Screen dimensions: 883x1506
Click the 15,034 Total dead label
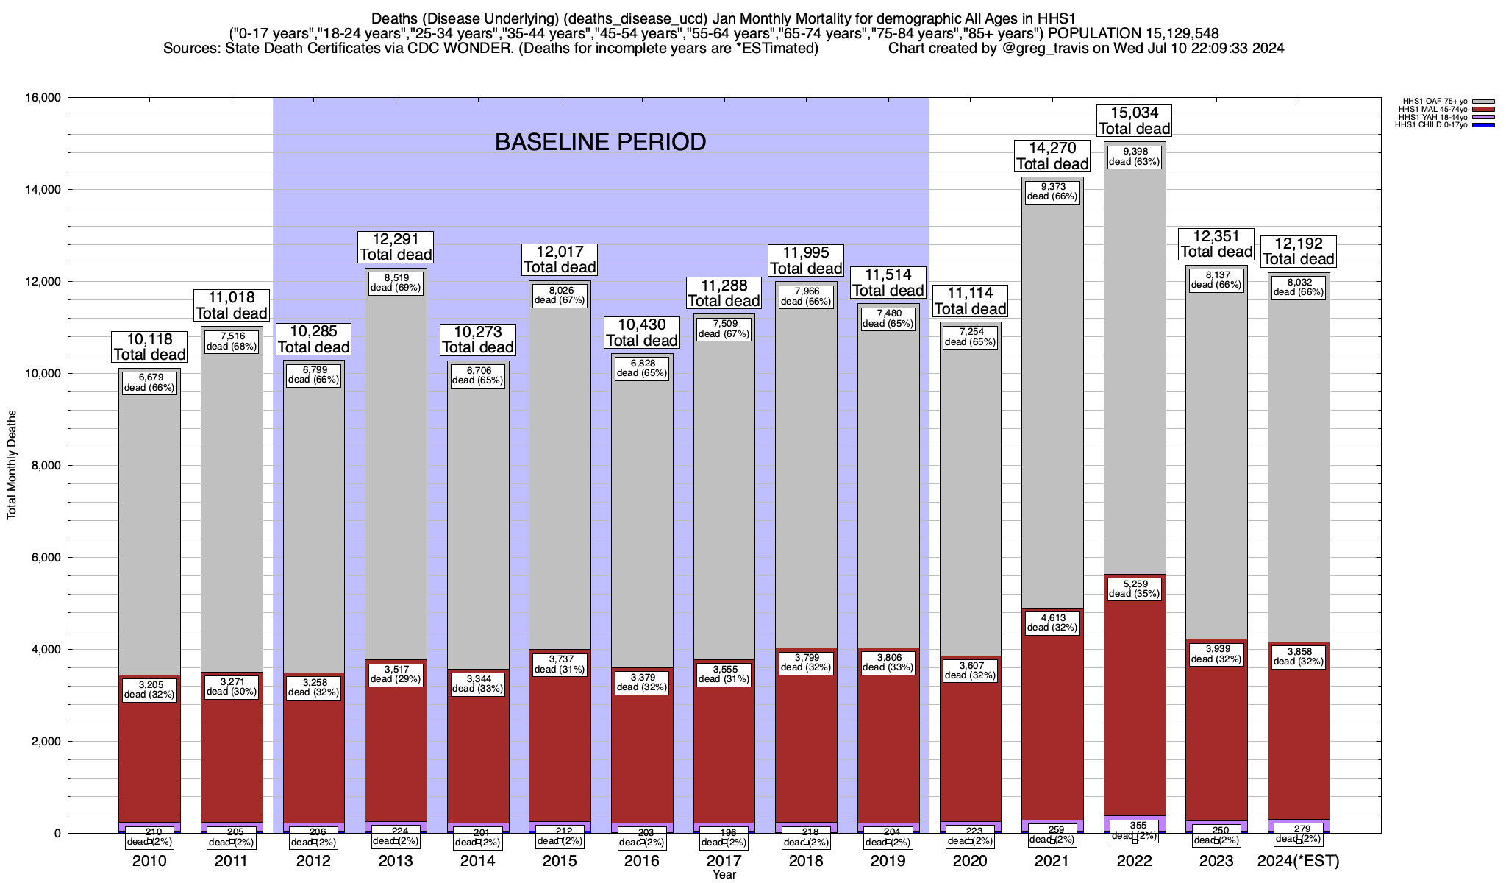(x=1134, y=121)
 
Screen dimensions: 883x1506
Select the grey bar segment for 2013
(x=396, y=471)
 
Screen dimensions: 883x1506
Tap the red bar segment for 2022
(x=1134, y=736)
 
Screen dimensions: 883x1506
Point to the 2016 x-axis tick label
(x=642, y=861)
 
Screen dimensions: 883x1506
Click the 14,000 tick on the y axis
(x=43, y=190)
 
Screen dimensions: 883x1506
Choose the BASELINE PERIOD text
(x=600, y=142)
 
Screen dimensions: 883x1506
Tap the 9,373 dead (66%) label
(x=1052, y=192)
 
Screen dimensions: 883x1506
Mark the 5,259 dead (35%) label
(x=1134, y=589)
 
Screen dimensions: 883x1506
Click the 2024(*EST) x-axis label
(x=1299, y=861)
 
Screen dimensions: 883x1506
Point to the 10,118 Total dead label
(x=150, y=347)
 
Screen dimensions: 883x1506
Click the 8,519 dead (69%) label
(x=396, y=283)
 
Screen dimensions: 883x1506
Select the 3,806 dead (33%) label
(x=888, y=662)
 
